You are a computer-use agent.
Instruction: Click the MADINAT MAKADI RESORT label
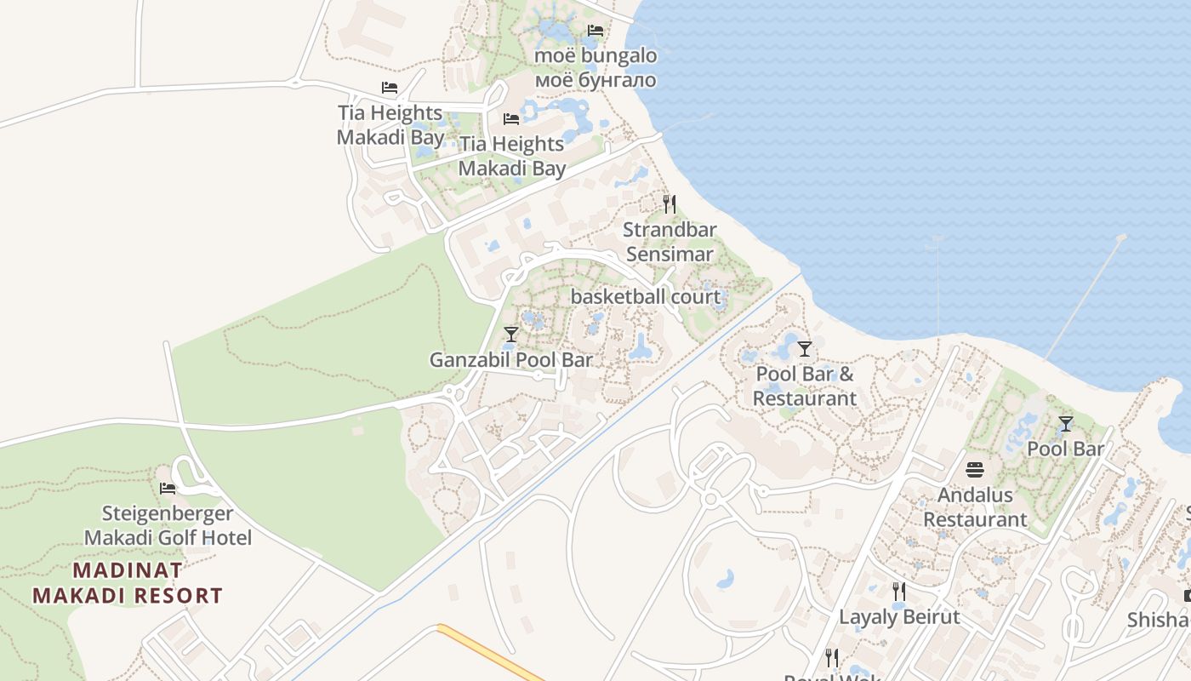click(x=128, y=582)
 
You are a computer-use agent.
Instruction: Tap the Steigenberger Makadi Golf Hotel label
click(x=168, y=525)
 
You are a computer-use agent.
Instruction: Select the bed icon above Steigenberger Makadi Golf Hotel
click(x=168, y=489)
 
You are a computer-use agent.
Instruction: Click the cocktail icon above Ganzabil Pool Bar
click(x=510, y=335)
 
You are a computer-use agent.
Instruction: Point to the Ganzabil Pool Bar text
click(x=510, y=360)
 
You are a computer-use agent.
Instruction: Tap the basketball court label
click(x=645, y=297)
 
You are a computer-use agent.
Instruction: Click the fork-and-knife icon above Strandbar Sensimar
click(x=670, y=204)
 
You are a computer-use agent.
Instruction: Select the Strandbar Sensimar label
click(x=670, y=242)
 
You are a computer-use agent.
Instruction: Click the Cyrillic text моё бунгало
click(x=595, y=80)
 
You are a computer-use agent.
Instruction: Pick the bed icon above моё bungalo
click(x=595, y=31)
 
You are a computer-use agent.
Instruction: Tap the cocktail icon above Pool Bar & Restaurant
click(x=804, y=348)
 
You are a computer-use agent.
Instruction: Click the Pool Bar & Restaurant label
click(x=804, y=386)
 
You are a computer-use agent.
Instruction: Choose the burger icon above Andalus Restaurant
click(x=975, y=469)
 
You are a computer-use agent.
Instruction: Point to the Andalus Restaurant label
click(x=975, y=506)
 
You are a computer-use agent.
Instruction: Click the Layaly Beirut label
click(x=899, y=617)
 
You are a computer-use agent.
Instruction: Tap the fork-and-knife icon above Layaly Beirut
click(x=898, y=591)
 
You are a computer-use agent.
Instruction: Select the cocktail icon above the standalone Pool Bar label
click(x=1065, y=423)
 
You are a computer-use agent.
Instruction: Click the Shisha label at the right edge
click(x=1159, y=620)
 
